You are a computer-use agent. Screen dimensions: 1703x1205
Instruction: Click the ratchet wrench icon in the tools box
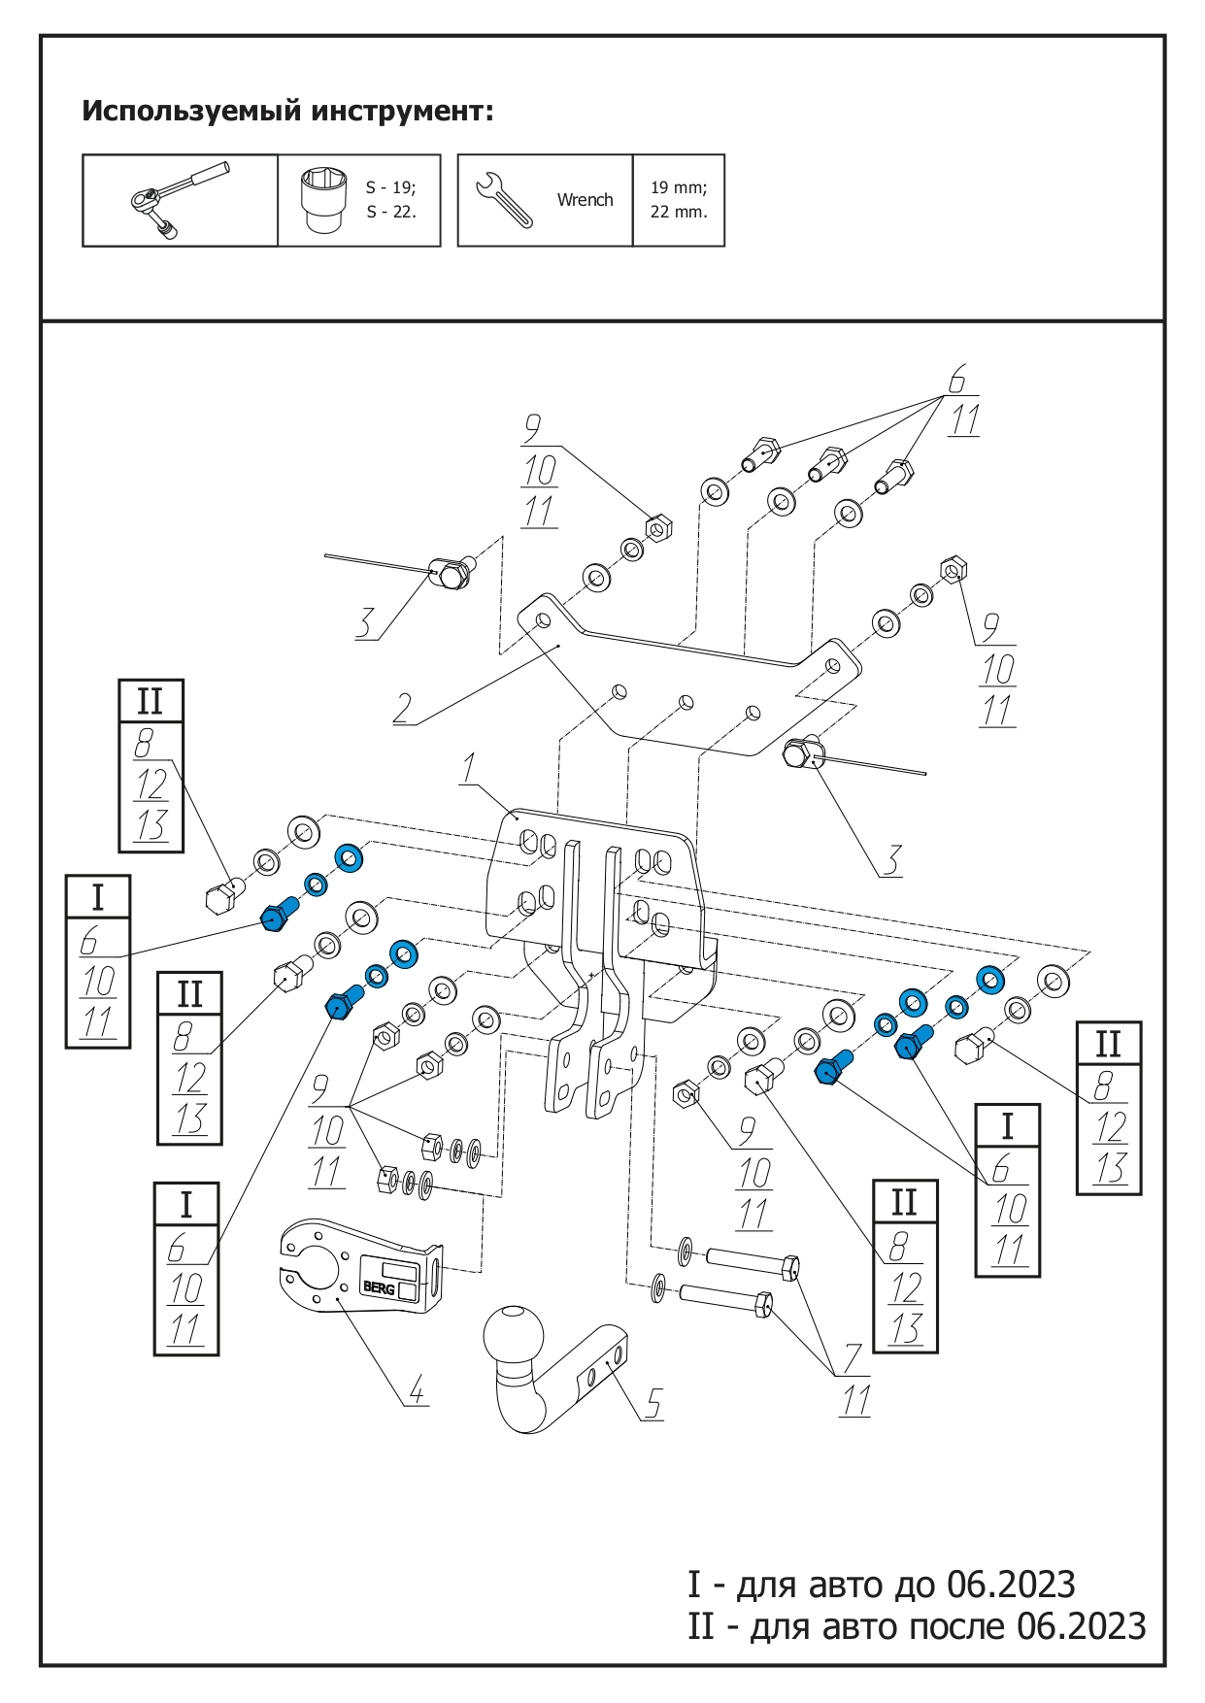coord(180,200)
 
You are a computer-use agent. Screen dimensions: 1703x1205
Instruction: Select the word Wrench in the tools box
coord(585,200)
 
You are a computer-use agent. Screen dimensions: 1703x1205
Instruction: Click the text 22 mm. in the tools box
coord(679,212)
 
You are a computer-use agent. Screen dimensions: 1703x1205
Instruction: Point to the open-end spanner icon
coord(503,199)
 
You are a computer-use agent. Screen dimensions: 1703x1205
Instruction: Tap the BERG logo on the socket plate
coord(379,1287)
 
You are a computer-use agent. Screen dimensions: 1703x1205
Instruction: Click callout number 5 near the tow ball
coord(653,1403)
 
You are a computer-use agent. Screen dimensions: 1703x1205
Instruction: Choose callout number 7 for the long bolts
coord(853,1358)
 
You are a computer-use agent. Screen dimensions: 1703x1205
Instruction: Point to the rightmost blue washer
coord(989,979)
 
